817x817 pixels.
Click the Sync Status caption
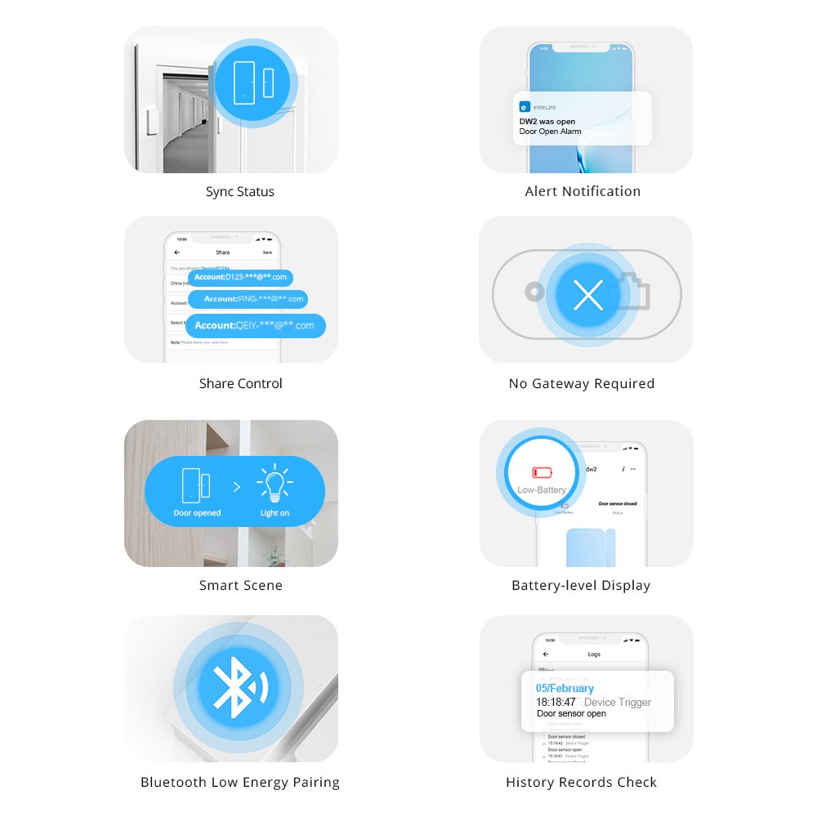239,192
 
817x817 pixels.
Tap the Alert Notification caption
583,192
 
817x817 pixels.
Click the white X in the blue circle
588,295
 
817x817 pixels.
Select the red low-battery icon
542,472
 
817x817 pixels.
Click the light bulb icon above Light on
275,484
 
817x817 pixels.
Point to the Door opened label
197,513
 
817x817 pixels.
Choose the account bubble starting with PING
248,299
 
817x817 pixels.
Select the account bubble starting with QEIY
255,325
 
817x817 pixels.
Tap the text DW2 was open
547,122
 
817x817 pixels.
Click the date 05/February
565,688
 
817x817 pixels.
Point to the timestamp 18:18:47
556,702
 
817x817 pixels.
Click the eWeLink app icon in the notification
525,106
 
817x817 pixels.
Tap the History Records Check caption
581,783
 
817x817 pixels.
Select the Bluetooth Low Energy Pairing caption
239,783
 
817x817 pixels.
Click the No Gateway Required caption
581,384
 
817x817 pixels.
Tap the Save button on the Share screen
267,252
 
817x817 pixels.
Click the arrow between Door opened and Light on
237,487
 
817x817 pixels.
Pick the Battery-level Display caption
581,586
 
